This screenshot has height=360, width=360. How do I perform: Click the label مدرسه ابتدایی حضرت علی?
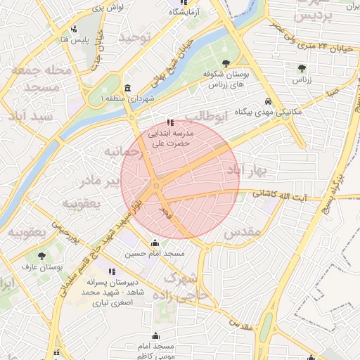pos(167,137)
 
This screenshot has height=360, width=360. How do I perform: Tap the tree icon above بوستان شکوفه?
pos(225,65)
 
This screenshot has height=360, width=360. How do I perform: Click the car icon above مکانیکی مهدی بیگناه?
pos(270,101)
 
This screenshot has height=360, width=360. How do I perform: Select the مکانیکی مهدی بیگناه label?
pos(269,112)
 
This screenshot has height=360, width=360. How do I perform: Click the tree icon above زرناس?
pos(302,68)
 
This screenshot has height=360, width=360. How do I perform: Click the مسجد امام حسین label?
pos(155,253)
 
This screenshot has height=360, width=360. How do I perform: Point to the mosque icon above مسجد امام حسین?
pos(155,243)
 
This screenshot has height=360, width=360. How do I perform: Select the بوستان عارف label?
pos(43,267)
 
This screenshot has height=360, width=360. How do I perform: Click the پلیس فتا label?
pos(74,39)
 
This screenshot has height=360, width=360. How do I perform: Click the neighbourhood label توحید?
pos(135,37)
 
